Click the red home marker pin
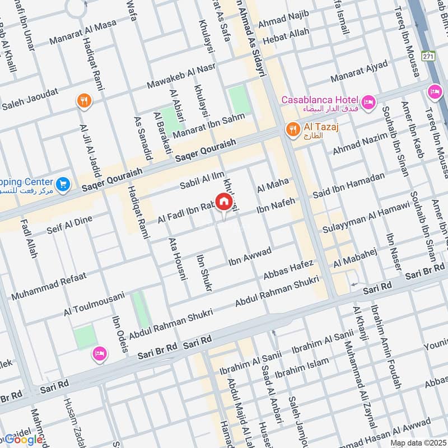pyautogui.click(x=223, y=202)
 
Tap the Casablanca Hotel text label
pyautogui.click(x=320, y=100)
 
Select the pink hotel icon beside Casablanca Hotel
pyautogui.click(x=368, y=101)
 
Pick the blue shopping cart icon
pyautogui.click(x=63, y=183)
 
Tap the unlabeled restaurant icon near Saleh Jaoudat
pyautogui.click(x=84, y=101)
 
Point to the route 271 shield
pyautogui.click(x=428, y=57)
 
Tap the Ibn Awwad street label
pyautogui.click(x=250, y=255)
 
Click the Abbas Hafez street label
pyautogui.click(x=289, y=270)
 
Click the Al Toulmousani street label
pyautogui.click(x=94, y=304)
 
